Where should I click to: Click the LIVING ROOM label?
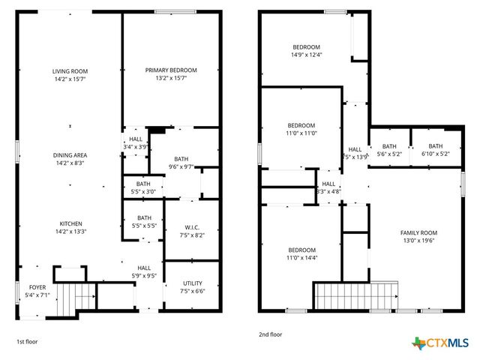pos(70,71)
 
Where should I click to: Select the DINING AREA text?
pos(70,155)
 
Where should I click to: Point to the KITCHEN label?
pos(70,223)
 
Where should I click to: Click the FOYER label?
pos(37,287)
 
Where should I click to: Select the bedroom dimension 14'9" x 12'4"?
pos(306,54)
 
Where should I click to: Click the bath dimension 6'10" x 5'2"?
pos(435,154)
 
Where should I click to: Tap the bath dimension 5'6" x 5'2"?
pos(388,154)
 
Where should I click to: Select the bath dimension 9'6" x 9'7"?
pos(181,167)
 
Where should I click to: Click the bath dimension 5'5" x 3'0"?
pos(143,191)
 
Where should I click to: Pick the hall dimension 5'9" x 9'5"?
pos(144,275)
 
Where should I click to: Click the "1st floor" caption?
pos(27,341)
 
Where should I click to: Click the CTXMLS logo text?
pos(448,343)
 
